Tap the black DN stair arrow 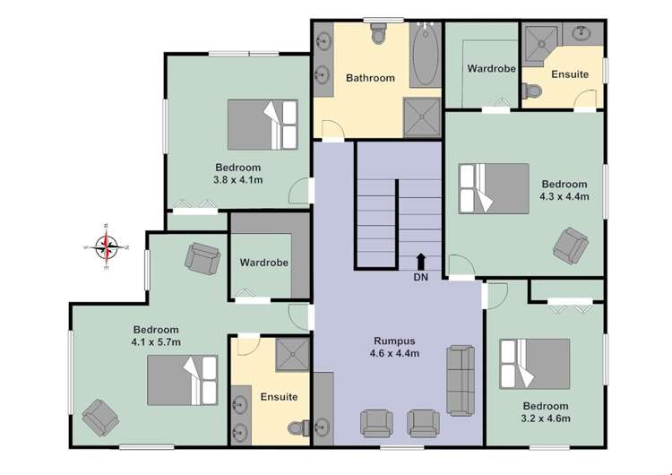[x=421, y=261]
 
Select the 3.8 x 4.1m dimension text [x=237, y=179]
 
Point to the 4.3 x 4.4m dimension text [x=563, y=196]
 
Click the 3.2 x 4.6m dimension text [x=546, y=418]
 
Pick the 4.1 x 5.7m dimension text [x=157, y=341]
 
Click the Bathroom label [x=370, y=78]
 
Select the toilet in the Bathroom [x=377, y=35]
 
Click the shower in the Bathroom [x=423, y=116]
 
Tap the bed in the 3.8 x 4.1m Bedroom [x=262, y=125]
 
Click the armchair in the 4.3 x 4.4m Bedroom [x=570, y=244]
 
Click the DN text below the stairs [x=421, y=277]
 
